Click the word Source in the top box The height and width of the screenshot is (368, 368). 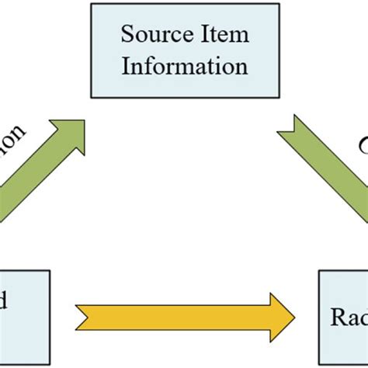(x=151, y=34)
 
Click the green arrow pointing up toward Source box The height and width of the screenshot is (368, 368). (x=39, y=171)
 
